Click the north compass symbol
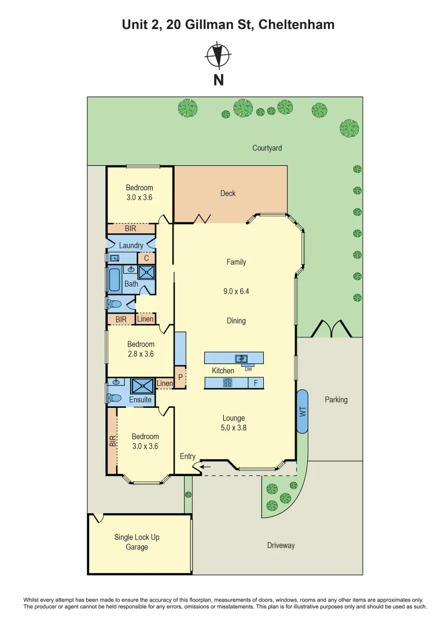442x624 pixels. (x=219, y=55)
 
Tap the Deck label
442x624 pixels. (x=228, y=194)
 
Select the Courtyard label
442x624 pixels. (x=267, y=148)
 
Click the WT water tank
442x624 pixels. (x=301, y=411)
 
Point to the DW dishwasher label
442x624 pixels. (x=248, y=369)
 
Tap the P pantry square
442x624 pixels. (x=180, y=376)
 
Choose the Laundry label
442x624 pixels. (x=131, y=246)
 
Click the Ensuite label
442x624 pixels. (x=140, y=400)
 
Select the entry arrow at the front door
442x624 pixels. (x=205, y=467)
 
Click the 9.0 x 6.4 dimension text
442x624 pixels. (x=236, y=292)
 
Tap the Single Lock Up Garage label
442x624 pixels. (x=137, y=542)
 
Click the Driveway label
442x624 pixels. (x=281, y=545)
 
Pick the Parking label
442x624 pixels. (x=336, y=400)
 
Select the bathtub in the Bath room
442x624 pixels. (x=114, y=280)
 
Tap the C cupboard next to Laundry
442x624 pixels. (x=146, y=258)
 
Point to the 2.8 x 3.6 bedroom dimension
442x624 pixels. (x=141, y=354)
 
